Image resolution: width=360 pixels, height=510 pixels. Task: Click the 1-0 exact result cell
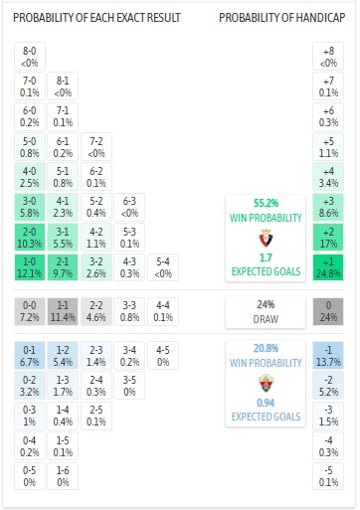click(x=30, y=266)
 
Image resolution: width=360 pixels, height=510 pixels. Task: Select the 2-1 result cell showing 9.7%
click(x=63, y=266)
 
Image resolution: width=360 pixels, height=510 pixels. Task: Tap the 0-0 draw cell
click(x=30, y=310)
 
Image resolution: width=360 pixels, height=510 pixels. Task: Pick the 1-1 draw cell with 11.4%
click(x=63, y=310)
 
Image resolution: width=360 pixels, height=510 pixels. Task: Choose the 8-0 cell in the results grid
click(x=30, y=57)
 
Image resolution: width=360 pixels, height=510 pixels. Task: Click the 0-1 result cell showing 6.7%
click(x=30, y=355)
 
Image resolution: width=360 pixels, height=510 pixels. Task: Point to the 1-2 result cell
click(x=63, y=355)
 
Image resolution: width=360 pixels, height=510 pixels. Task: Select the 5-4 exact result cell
click(x=162, y=266)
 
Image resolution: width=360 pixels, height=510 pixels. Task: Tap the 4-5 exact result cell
click(x=162, y=355)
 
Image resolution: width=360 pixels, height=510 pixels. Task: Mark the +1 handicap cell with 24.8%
click(x=327, y=266)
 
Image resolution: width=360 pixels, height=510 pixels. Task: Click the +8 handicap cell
click(x=327, y=57)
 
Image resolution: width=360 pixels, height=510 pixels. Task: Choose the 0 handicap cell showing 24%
click(x=327, y=310)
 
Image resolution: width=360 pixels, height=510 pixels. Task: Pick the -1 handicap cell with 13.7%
click(x=327, y=355)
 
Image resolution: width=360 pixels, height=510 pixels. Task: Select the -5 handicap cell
click(x=327, y=475)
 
